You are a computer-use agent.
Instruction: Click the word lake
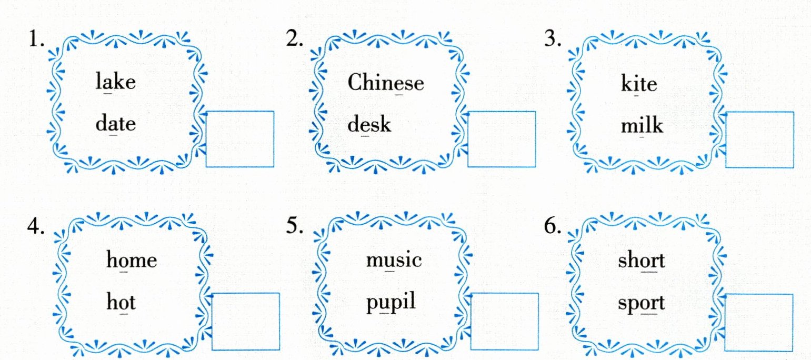(x=116, y=83)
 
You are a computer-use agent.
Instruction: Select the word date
(x=116, y=125)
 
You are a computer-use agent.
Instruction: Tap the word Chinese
(x=385, y=83)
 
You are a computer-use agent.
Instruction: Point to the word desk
(x=369, y=125)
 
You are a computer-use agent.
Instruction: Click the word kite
(x=639, y=84)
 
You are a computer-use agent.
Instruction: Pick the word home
(x=132, y=260)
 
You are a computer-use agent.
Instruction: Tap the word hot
(x=121, y=302)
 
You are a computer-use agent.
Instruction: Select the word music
(x=394, y=260)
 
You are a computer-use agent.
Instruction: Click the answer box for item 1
(x=240, y=139)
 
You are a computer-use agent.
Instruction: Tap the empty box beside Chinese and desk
(x=501, y=139)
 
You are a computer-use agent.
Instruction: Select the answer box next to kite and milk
(x=759, y=139)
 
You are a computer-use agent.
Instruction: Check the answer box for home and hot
(x=246, y=321)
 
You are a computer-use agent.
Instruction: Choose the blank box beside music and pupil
(x=505, y=321)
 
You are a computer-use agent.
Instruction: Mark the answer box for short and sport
(x=759, y=322)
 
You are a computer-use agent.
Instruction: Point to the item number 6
(x=553, y=225)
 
